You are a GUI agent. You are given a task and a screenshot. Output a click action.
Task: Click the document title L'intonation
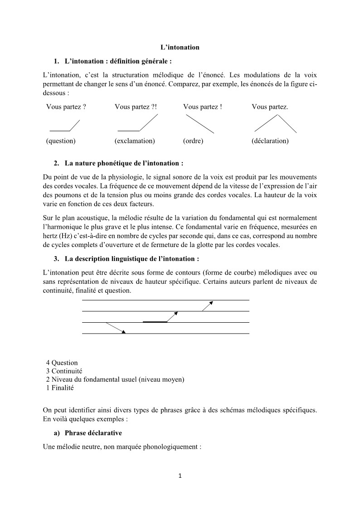point(180,47)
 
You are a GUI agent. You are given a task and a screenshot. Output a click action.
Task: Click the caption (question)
point(61,141)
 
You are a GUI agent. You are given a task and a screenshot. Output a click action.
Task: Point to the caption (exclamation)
point(135,141)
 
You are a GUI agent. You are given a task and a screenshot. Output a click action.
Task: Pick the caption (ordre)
point(193,141)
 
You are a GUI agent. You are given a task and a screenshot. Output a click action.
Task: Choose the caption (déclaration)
point(270,141)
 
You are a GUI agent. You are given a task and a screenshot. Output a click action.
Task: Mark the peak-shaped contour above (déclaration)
point(276,123)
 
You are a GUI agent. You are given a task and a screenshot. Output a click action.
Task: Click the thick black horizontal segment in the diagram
point(155,322)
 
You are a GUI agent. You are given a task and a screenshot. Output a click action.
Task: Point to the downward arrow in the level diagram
point(115,328)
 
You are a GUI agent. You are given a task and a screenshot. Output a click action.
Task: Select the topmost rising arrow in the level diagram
point(207,305)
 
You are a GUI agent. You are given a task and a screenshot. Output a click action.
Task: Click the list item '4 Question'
point(62,363)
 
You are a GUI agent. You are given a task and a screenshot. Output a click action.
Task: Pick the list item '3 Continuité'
point(64,371)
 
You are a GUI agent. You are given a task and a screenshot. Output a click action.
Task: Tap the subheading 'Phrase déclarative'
point(93,433)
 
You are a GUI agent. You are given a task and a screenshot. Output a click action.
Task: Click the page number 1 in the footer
point(180,476)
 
